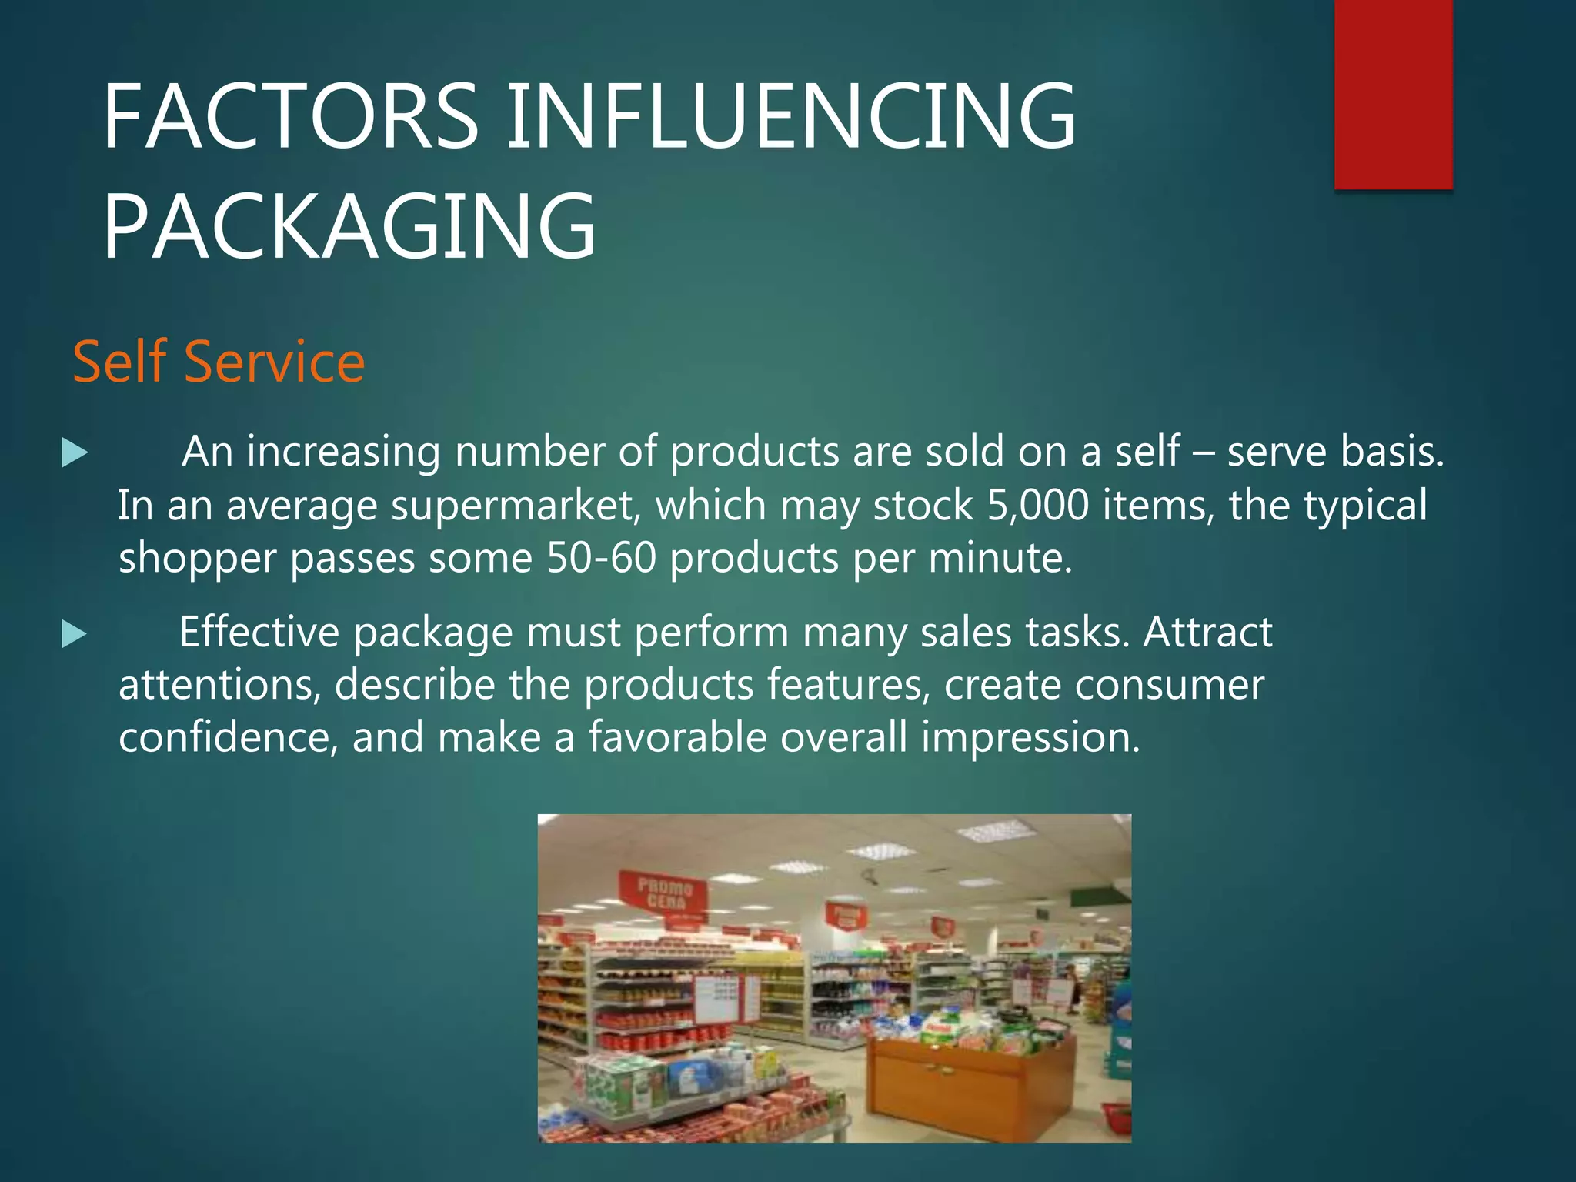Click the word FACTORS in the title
(291, 117)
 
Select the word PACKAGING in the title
(349, 228)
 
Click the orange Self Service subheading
(219, 362)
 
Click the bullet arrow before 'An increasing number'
(75, 452)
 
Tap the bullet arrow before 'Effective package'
(75, 634)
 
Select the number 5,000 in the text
(1037, 506)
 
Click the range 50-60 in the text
(601, 558)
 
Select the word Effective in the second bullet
(259, 633)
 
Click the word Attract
(1207, 633)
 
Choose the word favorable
(677, 737)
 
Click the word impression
(1030, 737)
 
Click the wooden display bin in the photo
(971, 1085)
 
